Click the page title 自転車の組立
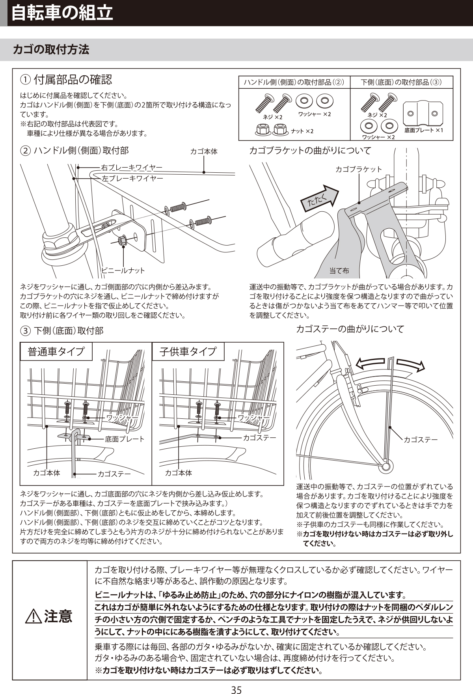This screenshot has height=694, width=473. click(x=62, y=13)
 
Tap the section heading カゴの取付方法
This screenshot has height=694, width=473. click(x=51, y=50)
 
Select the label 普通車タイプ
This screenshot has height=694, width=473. click(x=56, y=351)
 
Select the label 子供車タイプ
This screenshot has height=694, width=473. click(x=188, y=351)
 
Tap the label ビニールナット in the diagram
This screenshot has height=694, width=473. click(x=123, y=271)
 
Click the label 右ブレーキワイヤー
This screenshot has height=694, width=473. click(x=132, y=168)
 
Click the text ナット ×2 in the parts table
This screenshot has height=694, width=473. click(x=302, y=131)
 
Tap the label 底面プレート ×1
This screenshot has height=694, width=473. click(x=424, y=130)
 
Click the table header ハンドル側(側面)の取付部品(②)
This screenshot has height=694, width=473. click(x=294, y=82)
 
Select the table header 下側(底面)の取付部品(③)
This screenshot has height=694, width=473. click(x=401, y=82)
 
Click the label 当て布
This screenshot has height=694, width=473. click(x=339, y=271)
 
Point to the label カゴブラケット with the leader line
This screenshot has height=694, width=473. click(x=359, y=169)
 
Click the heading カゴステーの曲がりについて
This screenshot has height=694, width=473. click(x=350, y=329)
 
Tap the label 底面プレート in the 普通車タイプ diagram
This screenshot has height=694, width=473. click(x=125, y=439)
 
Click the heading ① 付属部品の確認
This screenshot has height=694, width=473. click(x=66, y=80)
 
